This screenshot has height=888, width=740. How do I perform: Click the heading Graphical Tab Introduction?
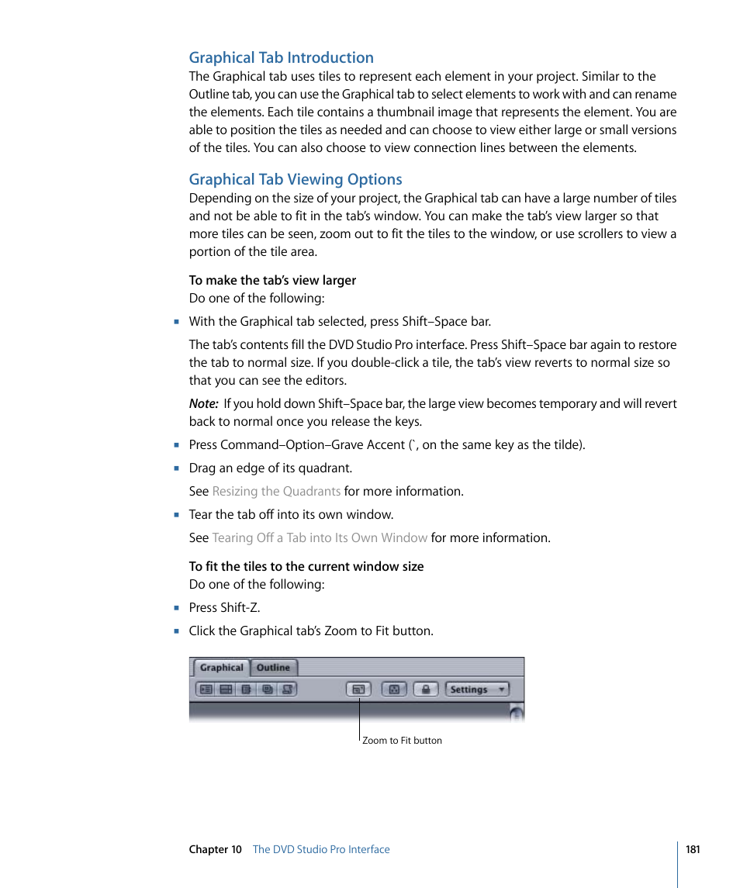(281, 57)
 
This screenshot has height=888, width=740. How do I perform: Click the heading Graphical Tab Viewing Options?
(296, 179)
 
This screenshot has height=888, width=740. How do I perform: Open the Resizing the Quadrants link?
(276, 491)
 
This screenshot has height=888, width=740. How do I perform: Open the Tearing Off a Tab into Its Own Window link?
(320, 537)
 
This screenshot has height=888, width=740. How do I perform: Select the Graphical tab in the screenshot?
(221, 668)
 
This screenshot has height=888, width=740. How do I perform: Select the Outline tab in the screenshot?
(273, 668)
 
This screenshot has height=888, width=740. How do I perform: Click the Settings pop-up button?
(477, 689)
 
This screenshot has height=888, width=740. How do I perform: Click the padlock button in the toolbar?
(427, 689)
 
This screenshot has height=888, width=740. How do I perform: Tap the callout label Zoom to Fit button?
(402, 741)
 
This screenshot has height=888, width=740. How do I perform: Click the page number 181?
(693, 849)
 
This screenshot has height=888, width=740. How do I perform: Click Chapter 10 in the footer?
(215, 849)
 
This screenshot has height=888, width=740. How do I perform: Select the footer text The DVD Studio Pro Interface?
(321, 849)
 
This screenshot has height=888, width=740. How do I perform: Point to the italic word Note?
(203, 403)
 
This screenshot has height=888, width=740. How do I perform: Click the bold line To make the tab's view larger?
(272, 280)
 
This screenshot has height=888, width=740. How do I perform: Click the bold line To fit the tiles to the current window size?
(306, 566)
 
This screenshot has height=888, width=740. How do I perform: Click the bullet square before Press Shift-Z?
(177, 608)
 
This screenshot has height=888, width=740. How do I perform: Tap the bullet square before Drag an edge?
(177, 468)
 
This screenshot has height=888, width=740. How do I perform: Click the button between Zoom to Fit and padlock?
(393, 689)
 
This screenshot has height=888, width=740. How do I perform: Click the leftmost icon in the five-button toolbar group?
(205, 689)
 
